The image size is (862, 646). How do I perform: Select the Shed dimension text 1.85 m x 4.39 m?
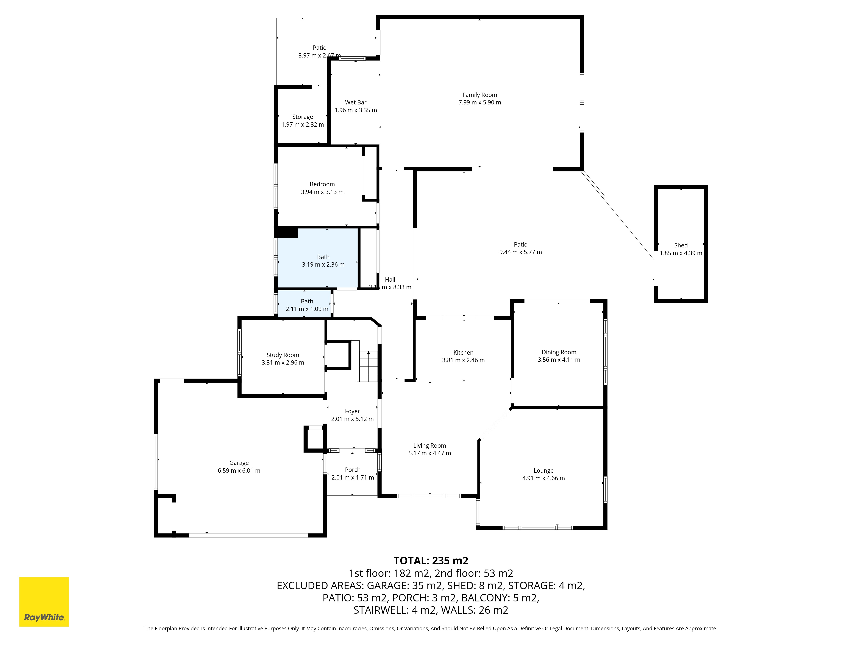pos(681,253)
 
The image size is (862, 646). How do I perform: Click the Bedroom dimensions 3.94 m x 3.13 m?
pos(322,192)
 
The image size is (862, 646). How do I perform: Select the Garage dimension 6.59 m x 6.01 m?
pos(239,470)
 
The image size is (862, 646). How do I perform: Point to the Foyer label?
pos(352,411)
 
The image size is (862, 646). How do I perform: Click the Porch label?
pos(353,470)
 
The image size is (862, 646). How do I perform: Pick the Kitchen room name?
pos(463,353)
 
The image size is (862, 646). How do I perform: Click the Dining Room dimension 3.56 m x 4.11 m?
pos(559,360)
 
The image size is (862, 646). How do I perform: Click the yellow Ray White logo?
pos(44,602)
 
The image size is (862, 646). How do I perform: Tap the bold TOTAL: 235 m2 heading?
pos(431,561)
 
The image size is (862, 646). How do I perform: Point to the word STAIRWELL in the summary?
pos(381,610)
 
